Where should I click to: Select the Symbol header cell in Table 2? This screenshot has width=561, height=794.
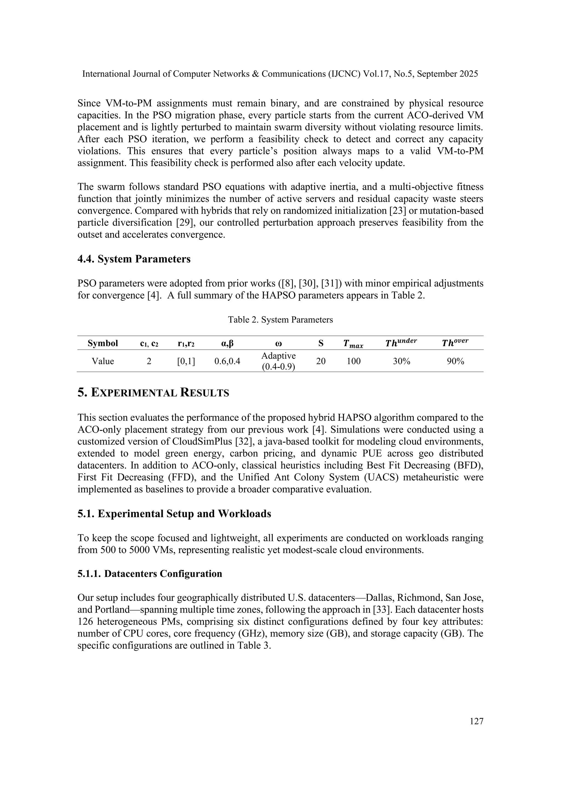click(103, 343)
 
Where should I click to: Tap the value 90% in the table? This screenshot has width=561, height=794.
click(455, 361)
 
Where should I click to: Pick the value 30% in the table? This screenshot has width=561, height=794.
click(401, 361)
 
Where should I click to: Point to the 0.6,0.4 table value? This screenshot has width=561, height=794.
click(227, 361)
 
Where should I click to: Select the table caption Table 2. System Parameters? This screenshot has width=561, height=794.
click(280, 319)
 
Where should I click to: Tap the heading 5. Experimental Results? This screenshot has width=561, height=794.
click(153, 393)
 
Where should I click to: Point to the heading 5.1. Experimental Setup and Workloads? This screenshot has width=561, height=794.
click(174, 514)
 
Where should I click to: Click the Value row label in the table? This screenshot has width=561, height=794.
click(103, 361)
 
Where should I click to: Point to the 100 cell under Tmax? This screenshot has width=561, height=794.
click(353, 361)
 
